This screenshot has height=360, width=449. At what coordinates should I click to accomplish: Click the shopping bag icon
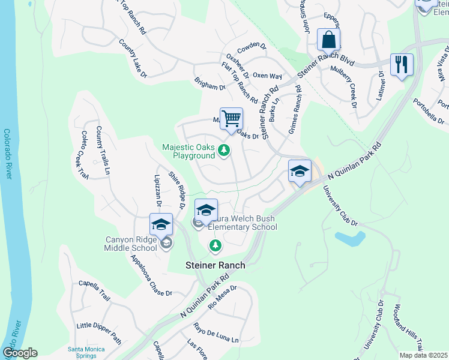(328, 40)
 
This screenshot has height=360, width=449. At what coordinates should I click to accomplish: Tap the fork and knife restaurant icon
(401, 64)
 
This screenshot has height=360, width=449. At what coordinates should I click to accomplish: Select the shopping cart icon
(231, 119)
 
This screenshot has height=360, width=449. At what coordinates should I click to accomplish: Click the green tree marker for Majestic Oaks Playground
(224, 149)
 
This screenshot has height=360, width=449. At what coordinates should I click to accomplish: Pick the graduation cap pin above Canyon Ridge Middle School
(161, 224)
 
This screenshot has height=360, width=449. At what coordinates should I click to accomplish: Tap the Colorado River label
(8, 154)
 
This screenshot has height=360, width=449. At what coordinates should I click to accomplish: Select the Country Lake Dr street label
(133, 58)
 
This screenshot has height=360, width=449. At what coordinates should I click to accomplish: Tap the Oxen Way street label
(267, 76)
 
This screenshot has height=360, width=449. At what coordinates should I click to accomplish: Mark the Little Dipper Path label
(99, 333)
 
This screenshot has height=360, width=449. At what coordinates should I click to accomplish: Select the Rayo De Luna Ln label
(215, 333)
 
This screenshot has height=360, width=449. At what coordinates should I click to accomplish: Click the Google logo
(20, 353)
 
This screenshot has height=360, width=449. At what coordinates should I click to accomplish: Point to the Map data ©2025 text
(423, 355)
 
